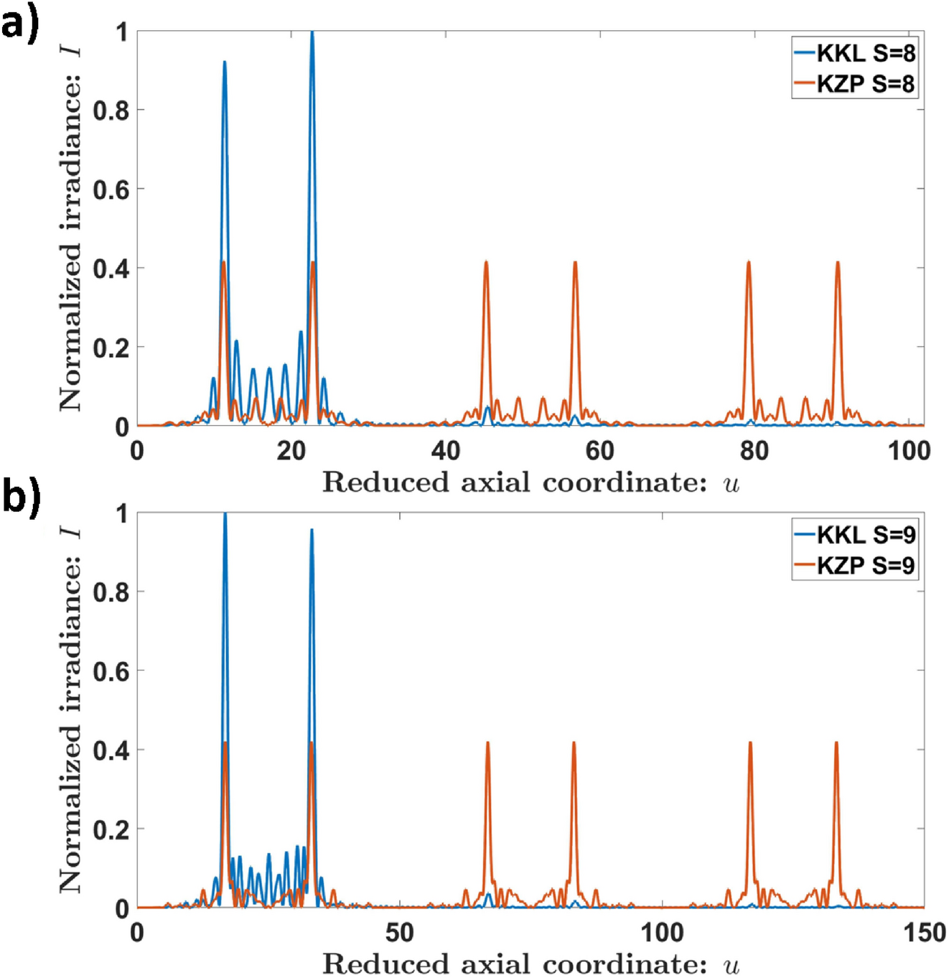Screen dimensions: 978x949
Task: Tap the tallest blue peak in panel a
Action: pos(312,33)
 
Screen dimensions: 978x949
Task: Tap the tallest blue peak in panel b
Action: pos(225,515)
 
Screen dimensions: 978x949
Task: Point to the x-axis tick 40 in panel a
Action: pos(446,451)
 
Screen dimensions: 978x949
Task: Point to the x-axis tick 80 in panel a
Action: pos(754,451)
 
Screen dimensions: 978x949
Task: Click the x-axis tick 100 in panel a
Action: pos(909,451)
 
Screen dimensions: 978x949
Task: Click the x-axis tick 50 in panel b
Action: pos(399,933)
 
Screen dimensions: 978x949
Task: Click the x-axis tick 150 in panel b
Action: pos(924,933)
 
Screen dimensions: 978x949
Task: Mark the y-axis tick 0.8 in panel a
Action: pos(111,111)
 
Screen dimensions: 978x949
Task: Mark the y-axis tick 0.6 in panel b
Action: pos(111,671)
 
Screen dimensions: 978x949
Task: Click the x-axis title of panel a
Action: pos(530,483)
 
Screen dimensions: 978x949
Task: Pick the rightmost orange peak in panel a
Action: pos(838,264)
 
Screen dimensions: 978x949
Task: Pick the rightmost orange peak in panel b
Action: pos(836,744)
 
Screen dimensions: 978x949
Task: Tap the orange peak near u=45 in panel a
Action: pos(486,264)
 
